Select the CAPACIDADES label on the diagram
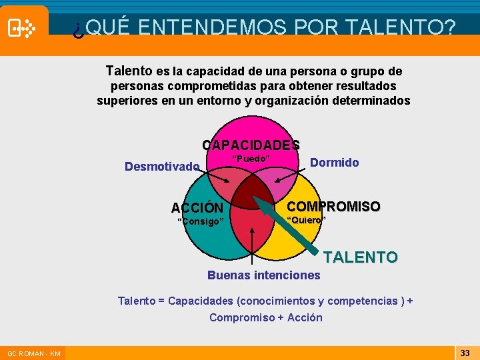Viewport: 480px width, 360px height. click(x=251, y=145)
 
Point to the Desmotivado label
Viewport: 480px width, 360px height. click(x=162, y=166)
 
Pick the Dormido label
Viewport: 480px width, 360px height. click(x=335, y=163)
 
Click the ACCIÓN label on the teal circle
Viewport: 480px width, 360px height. click(x=197, y=207)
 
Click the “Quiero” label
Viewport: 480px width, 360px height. click(x=306, y=221)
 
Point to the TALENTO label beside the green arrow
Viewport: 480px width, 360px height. click(x=361, y=257)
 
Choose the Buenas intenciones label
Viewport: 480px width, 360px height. click(x=264, y=275)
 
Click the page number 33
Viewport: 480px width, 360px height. click(x=465, y=353)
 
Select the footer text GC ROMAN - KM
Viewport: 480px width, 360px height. click(x=34, y=353)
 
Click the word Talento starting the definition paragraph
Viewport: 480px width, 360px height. click(x=129, y=71)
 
